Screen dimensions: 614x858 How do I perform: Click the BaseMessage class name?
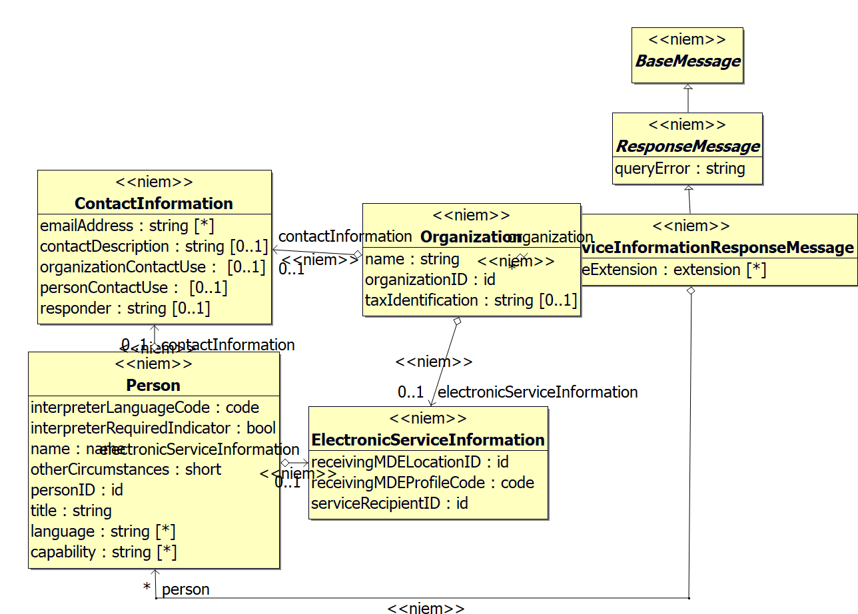687,61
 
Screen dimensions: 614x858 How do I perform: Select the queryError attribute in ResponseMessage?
679,168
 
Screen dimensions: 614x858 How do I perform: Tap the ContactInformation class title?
154,203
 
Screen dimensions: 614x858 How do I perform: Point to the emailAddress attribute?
127,226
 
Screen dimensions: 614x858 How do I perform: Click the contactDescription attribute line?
153,246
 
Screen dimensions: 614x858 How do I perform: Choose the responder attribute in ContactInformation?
125,308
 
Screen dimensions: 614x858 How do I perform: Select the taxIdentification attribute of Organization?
470,300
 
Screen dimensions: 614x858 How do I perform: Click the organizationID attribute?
430,280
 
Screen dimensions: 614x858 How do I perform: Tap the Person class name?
153,385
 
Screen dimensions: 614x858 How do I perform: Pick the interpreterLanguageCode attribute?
145,408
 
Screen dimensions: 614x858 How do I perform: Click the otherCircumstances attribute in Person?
126,469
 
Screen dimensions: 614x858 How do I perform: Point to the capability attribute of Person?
103,552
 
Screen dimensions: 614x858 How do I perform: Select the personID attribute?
77,490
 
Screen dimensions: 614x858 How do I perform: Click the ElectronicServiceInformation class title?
428,440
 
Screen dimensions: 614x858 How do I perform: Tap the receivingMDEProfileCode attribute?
422,482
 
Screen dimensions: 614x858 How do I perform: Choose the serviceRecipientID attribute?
389,503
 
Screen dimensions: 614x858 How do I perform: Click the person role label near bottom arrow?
185,589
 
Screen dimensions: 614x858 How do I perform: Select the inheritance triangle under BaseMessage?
688,87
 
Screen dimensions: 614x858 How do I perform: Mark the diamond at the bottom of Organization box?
457,321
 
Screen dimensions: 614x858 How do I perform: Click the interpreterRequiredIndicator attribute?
153,428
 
